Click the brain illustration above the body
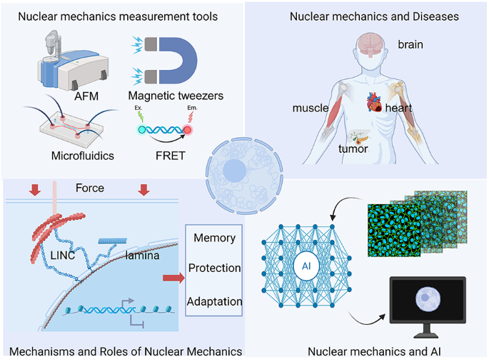[x=374, y=44]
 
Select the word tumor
[x=353, y=149]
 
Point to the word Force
[x=90, y=188]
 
